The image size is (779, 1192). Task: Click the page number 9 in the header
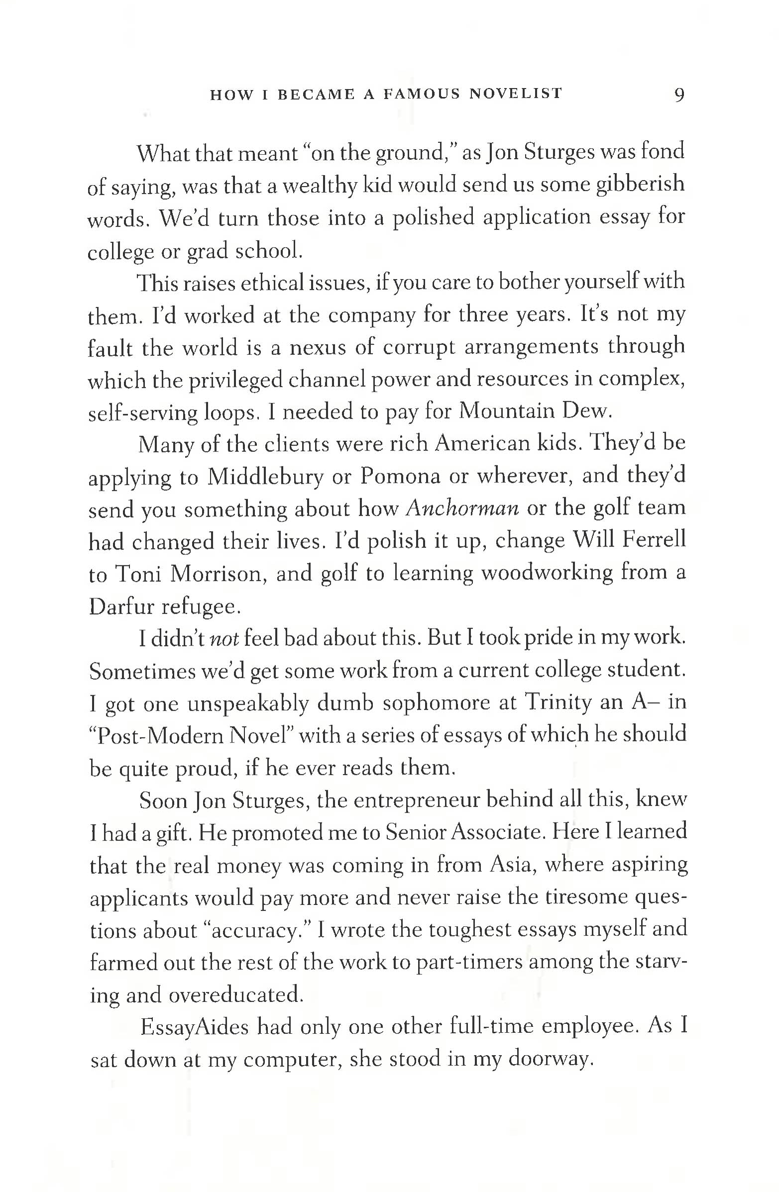679,95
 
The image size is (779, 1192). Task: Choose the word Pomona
400,476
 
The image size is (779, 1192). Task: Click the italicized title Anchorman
462,508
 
